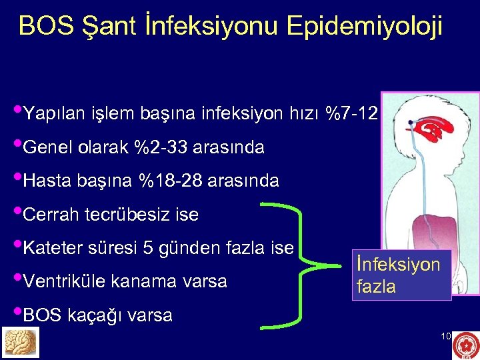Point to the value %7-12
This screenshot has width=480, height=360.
pyautogui.click(x=352, y=114)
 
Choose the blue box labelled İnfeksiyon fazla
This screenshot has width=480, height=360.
pyautogui.click(x=402, y=275)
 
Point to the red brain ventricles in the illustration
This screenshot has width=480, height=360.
pyautogui.click(x=431, y=127)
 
